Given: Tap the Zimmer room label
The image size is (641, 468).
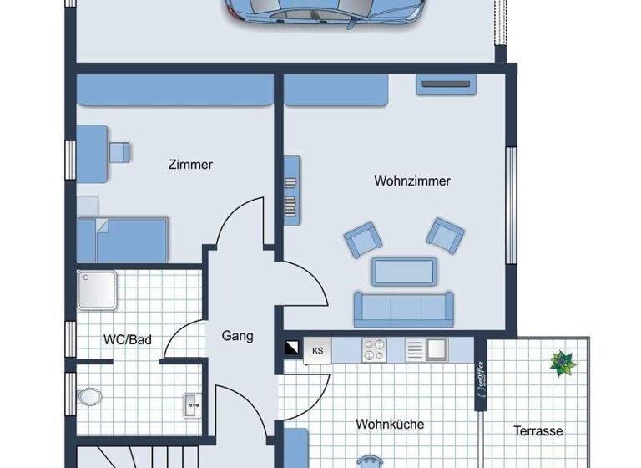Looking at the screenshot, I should (x=190, y=165).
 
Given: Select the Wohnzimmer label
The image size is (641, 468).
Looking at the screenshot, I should (x=412, y=181).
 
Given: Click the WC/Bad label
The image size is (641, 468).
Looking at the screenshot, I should (x=127, y=340).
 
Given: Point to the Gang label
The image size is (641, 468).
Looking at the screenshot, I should (x=237, y=337).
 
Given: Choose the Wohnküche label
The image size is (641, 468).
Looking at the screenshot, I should (x=390, y=424).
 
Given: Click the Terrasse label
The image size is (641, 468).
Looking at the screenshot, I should (x=538, y=431).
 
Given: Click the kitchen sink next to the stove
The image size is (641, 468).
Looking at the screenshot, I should (x=434, y=350).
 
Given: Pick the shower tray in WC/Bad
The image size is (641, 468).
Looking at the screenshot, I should (x=97, y=291).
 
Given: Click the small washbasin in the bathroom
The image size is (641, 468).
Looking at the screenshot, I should (x=191, y=406).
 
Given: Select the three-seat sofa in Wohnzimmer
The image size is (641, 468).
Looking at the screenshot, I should (x=403, y=308).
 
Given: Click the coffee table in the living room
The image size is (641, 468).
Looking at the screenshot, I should (x=404, y=271).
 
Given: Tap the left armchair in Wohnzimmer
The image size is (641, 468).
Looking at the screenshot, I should (x=362, y=239).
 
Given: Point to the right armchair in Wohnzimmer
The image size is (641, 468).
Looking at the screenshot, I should (x=445, y=234).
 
